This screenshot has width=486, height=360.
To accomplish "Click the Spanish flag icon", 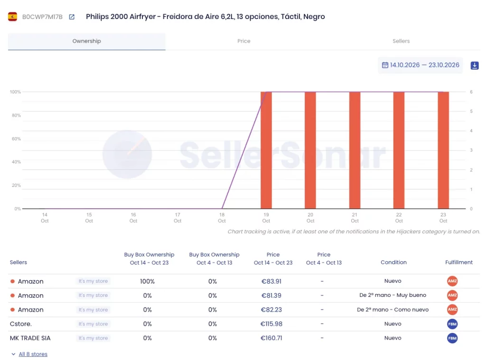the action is (x=12, y=17).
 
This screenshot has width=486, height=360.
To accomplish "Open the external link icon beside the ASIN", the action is (x=72, y=17).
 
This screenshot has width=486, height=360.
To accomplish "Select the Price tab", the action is (x=243, y=41).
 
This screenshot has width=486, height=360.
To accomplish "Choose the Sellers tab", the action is (x=401, y=41).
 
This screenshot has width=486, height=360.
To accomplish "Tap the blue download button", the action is (x=475, y=65).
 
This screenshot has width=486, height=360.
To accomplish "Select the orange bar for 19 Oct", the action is (x=266, y=150).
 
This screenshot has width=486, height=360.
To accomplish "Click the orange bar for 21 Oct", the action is (x=355, y=150).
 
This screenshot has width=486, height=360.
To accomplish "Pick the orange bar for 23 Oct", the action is (x=443, y=150).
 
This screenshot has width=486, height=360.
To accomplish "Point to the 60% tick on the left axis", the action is (x=16, y=139).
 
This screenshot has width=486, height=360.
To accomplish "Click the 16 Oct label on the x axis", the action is (x=133, y=218).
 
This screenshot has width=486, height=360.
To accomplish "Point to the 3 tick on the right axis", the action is (x=471, y=150).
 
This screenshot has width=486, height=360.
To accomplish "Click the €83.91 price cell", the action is (x=271, y=281).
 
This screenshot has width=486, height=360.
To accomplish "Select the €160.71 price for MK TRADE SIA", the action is (x=271, y=338).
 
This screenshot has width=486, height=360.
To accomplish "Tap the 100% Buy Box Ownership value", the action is (x=147, y=281).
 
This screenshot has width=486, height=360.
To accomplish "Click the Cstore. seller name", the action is (x=21, y=324).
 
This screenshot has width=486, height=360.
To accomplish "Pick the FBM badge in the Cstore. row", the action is (x=452, y=324).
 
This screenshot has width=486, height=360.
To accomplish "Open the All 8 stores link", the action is (x=33, y=354).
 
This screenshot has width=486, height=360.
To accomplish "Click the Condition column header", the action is (x=393, y=262).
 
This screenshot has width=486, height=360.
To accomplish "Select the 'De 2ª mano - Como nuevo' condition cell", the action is (x=393, y=310).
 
